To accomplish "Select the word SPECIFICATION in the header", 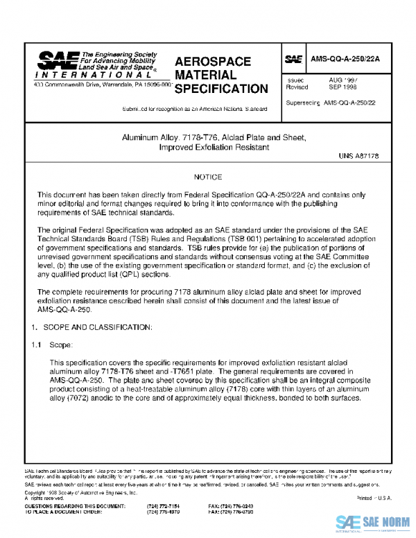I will [x=221, y=89].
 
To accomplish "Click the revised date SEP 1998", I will [x=343, y=88].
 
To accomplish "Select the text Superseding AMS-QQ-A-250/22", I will [x=330, y=103].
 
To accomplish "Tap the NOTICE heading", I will [x=207, y=177].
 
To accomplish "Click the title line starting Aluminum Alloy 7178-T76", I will [x=207, y=138].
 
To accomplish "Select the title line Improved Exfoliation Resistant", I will [x=207, y=147].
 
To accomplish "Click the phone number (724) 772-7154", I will [x=161, y=506].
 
